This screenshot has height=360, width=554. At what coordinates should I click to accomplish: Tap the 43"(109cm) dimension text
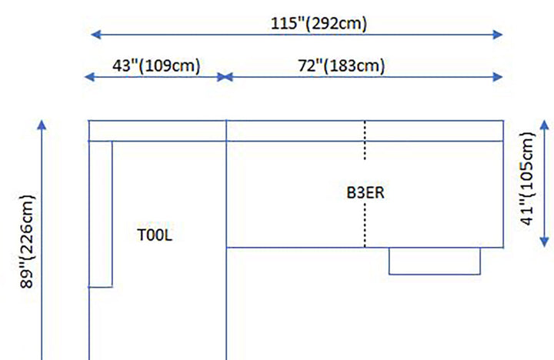pos(156,65)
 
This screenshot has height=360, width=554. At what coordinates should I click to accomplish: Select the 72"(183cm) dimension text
pos(342,65)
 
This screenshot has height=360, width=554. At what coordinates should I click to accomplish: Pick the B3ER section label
pos(365,192)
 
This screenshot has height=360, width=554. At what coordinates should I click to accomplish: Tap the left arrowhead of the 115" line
pos(95,34)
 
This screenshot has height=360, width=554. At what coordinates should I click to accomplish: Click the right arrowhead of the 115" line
pos(499,34)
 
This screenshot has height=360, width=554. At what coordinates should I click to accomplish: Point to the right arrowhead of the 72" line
pos(499,77)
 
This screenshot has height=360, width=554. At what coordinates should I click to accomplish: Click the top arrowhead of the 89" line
pos(42,125)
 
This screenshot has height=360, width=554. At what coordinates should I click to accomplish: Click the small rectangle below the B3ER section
pos(435,261)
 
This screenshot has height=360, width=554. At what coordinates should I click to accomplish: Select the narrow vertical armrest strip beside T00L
pos(101,214)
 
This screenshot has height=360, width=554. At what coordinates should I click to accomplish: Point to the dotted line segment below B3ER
pos(365,227)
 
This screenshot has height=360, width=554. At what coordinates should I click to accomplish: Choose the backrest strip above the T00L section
pos(158,131)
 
